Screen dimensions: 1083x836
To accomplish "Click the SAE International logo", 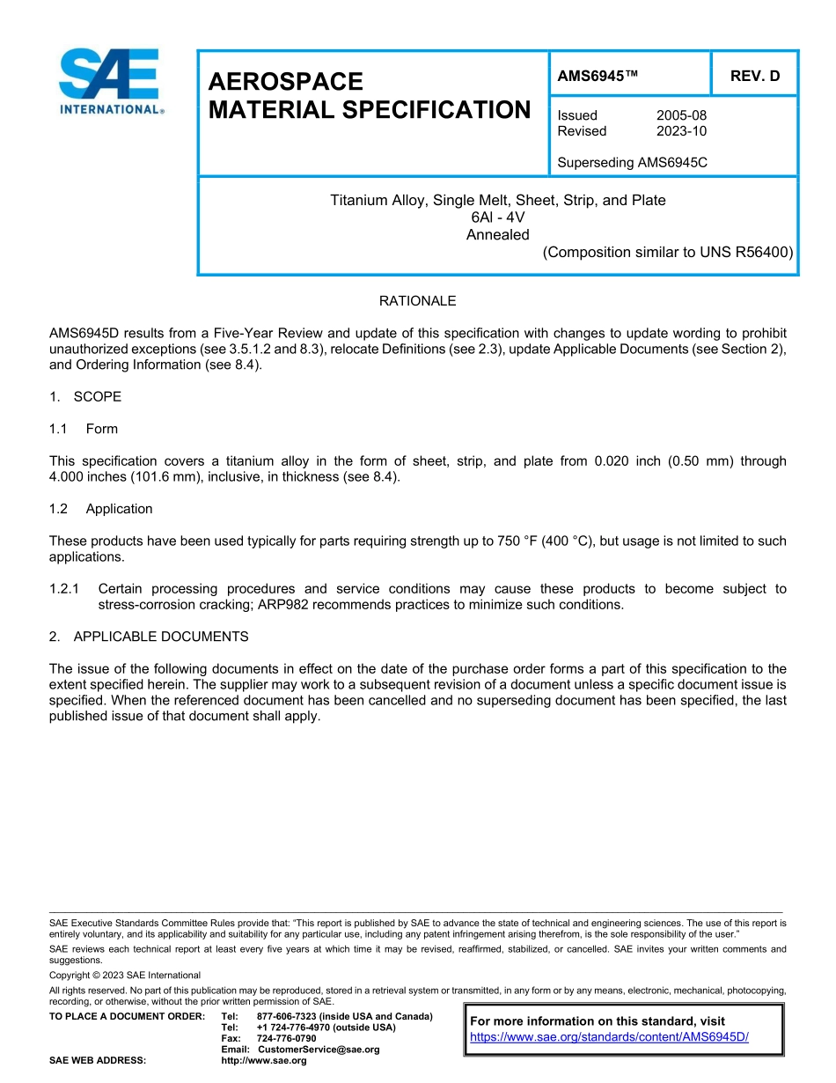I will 109,81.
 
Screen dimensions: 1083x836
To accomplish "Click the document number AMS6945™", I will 598,76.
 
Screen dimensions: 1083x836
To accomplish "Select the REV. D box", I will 754,76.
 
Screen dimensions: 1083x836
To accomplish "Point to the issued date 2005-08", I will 681,115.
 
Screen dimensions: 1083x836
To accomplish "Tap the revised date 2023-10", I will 681,131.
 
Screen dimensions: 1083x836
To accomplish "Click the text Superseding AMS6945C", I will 633,163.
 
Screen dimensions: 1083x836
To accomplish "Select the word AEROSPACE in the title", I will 285,82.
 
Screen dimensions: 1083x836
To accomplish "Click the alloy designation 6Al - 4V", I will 498,217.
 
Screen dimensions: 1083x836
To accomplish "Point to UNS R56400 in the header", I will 746,252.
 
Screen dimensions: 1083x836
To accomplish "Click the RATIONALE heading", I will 417,301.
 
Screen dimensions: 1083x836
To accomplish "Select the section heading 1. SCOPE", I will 85,397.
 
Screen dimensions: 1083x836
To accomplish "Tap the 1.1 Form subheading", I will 84,429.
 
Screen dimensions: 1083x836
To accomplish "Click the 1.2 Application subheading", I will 101,509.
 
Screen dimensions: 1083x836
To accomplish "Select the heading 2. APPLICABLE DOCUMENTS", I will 149,637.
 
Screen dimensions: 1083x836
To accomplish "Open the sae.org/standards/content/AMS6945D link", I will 609,1037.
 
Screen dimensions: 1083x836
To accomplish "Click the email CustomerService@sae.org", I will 319,1050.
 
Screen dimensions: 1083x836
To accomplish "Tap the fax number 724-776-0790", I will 287,1039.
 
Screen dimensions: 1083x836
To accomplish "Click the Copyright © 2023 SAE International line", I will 125,976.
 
